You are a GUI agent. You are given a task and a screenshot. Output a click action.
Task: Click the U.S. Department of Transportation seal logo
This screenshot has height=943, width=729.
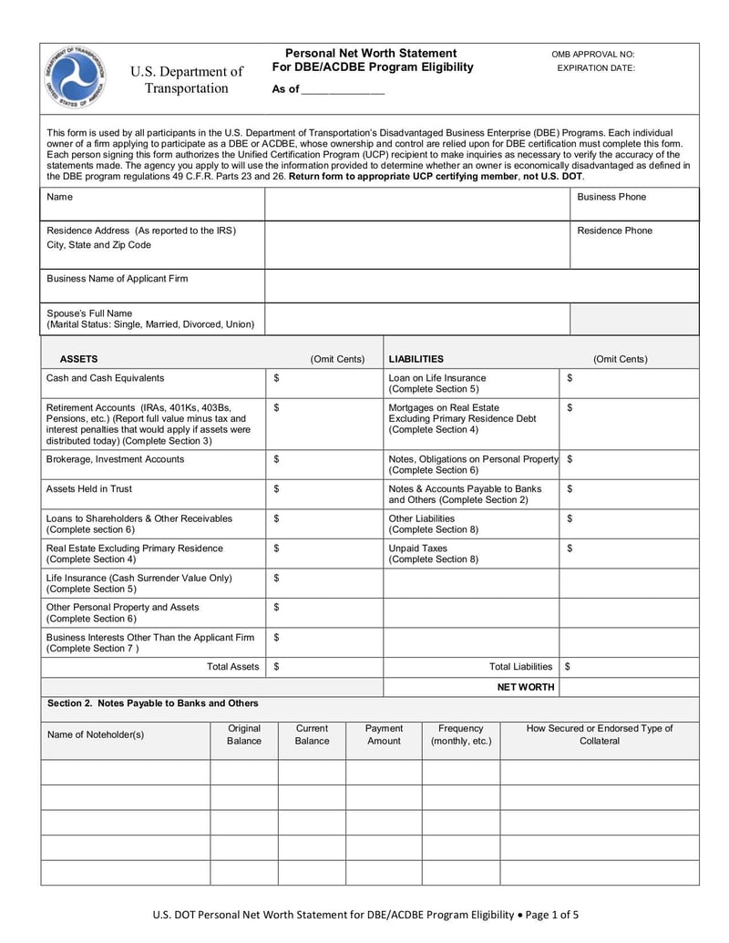tap(74, 77)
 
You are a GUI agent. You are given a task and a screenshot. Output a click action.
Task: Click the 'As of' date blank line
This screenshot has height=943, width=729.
tap(343, 90)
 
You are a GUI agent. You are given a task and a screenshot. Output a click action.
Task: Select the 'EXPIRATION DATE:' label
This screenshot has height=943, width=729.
tap(596, 68)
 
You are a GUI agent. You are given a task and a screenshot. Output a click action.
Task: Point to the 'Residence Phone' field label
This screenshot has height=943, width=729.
tap(614, 231)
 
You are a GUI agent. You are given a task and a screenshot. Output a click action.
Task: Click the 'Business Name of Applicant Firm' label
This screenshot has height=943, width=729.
tap(118, 278)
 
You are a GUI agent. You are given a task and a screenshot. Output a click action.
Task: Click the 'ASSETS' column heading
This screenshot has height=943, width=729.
tap(78, 359)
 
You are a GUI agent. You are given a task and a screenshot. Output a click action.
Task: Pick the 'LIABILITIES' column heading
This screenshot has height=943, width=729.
tap(416, 359)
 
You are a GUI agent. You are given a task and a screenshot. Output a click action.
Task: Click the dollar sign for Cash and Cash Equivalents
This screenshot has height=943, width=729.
tap(276, 377)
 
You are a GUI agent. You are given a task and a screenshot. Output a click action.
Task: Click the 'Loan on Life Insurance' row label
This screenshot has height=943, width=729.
tap(437, 377)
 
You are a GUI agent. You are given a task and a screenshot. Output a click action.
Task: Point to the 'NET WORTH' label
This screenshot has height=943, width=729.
tap(525, 687)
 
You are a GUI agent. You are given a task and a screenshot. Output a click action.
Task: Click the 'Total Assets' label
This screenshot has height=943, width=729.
tap(233, 667)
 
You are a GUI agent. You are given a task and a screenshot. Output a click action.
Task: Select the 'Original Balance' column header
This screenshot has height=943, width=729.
tap(244, 734)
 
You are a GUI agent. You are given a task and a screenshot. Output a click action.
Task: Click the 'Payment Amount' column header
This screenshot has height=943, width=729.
tap(384, 734)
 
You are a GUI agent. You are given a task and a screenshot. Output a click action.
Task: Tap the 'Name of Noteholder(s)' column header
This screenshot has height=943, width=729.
tap(96, 734)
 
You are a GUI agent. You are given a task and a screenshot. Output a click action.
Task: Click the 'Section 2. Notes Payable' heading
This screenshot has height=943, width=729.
tap(152, 702)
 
